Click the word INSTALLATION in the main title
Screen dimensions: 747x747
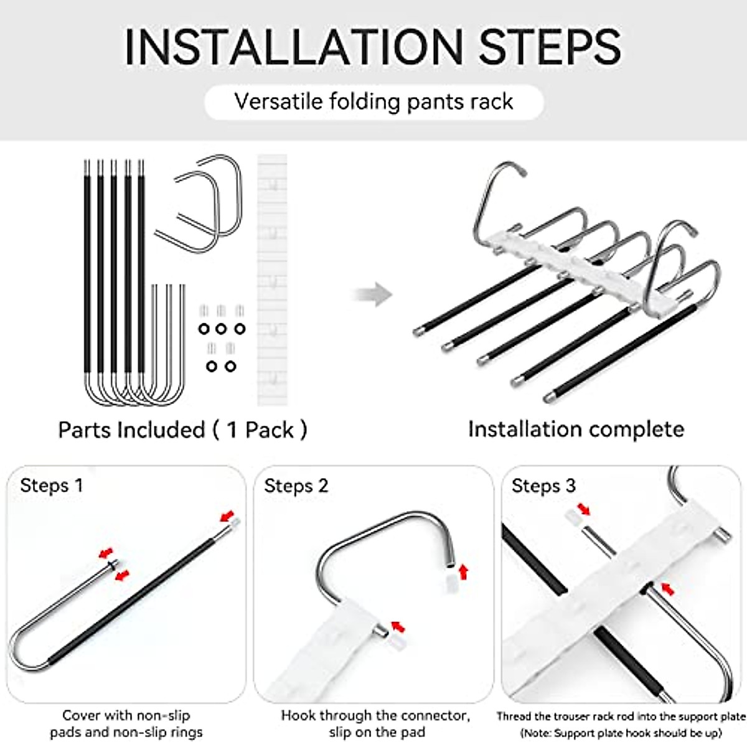293,47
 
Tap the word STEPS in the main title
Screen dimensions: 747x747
550,47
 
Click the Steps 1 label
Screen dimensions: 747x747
52,485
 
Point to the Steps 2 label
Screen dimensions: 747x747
296,486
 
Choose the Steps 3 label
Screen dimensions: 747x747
543,486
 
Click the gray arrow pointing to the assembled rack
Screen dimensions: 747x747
372,294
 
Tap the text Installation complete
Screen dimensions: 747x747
576,429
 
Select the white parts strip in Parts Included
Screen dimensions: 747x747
272,280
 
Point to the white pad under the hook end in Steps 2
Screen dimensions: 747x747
451,584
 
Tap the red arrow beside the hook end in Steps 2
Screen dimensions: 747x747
463,572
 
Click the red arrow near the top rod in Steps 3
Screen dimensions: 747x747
583,509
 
